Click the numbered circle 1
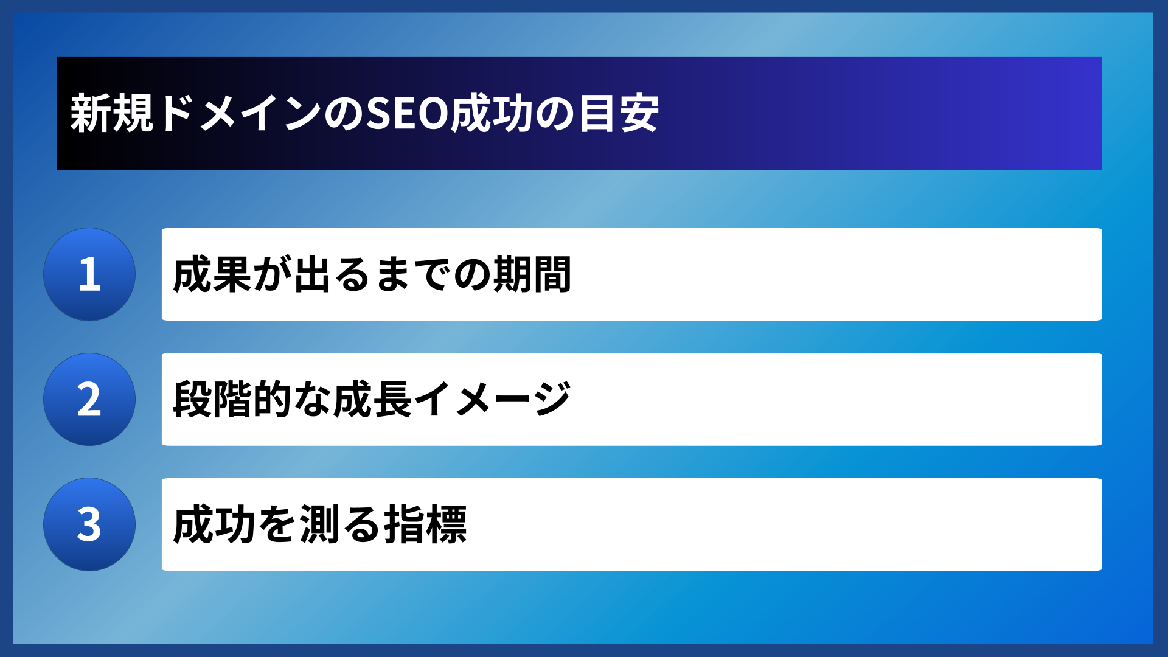[x=89, y=274]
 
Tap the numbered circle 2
[x=89, y=400]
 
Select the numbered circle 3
[x=89, y=524]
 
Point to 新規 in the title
[x=111, y=114]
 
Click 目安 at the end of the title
[x=619, y=114]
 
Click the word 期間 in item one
[x=532, y=274]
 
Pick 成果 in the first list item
[x=212, y=274]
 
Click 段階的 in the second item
[x=232, y=400]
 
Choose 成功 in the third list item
[x=212, y=524]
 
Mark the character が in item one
[x=273, y=274]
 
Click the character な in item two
[x=312, y=400]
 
